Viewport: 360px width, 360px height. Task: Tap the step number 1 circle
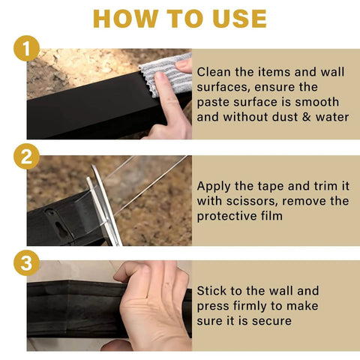click(x=26, y=50)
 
